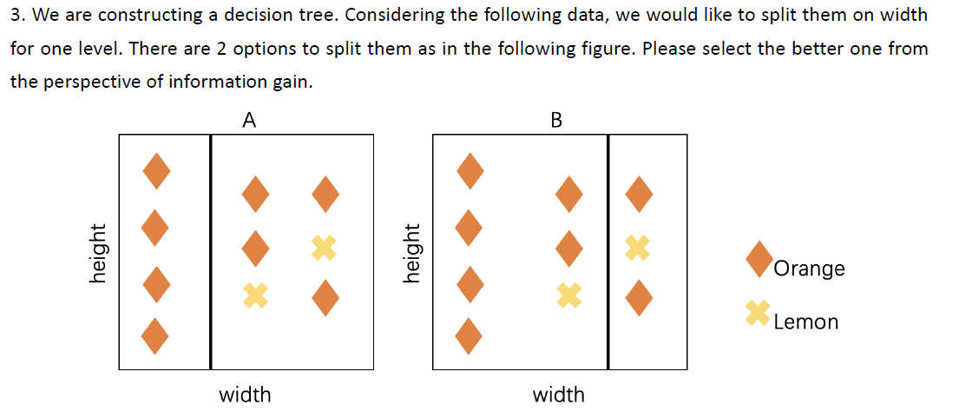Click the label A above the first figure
(248, 121)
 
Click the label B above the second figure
(556, 121)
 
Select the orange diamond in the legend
(760, 258)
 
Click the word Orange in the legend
(808, 269)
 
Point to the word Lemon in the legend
(805, 322)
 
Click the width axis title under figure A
(245, 395)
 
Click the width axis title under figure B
(558, 395)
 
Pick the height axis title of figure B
(413, 252)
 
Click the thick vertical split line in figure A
(210, 252)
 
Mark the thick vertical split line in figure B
(608, 252)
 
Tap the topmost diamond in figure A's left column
(155, 170)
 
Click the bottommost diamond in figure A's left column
(155, 335)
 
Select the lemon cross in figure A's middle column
(255, 295)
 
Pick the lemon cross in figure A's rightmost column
(325, 248)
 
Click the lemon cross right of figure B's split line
(638, 248)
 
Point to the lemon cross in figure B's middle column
(568, 295)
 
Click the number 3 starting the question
(15, 16)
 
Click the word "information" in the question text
(209, 82)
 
